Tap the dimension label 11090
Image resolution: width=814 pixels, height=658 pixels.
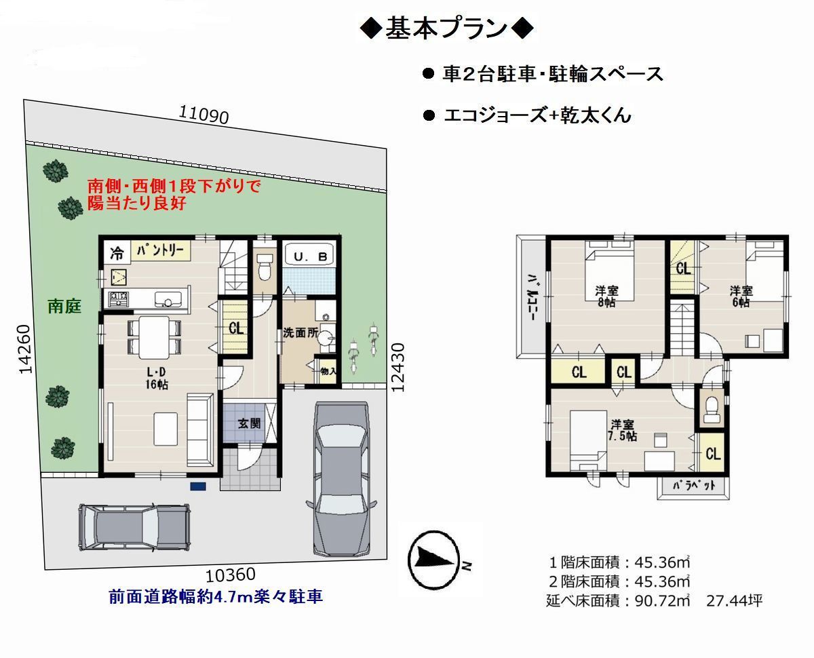coord(203,114)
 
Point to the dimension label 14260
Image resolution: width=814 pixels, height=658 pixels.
coord(25,349)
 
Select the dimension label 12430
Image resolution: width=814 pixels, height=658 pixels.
coord(398,367)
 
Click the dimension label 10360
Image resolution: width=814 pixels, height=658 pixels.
coord(231,575)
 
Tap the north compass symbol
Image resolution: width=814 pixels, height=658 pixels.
coord(434,561)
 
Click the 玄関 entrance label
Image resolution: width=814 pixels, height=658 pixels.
coord(249,423)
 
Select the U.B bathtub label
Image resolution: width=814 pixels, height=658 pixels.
coord(310,256)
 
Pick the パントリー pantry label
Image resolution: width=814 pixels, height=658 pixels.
coord(161,251)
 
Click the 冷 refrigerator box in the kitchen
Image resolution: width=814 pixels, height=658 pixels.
coord(117,252)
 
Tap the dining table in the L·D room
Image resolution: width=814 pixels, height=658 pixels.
coord(153,338)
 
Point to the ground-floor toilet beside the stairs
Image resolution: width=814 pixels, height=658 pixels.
coord(265,267)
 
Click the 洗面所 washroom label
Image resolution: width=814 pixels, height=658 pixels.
coord(301,333)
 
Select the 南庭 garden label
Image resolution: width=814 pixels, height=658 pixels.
coord(64,306)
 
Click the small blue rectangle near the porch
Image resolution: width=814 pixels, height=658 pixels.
coord(198,486)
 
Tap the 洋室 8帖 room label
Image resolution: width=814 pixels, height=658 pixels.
coord(606,296)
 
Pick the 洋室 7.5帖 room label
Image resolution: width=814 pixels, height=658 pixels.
coord(622,430)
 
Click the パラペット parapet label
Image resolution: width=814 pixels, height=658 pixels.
coord(694,485)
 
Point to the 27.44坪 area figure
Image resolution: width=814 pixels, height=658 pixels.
coord(734,601)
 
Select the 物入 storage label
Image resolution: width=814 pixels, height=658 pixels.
coord(328,370)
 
